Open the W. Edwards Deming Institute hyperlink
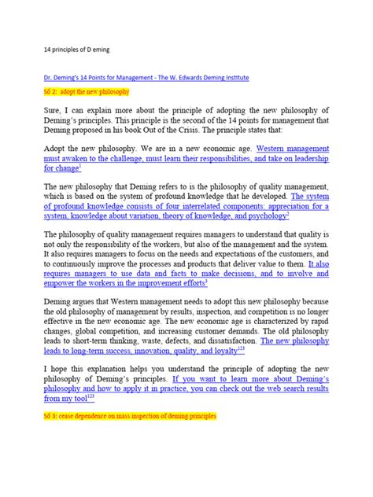(x=138, y=78)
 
